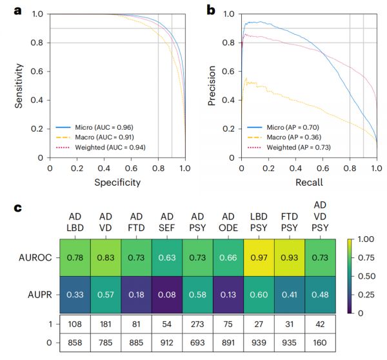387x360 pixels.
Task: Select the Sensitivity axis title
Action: [x=19, y=85]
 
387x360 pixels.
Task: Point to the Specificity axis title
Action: [x=117, y=183]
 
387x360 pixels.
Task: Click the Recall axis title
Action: [x=309, y=183]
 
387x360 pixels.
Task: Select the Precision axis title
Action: [x=212, y=85]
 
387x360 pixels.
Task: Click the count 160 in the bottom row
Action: [x=321, y=343]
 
